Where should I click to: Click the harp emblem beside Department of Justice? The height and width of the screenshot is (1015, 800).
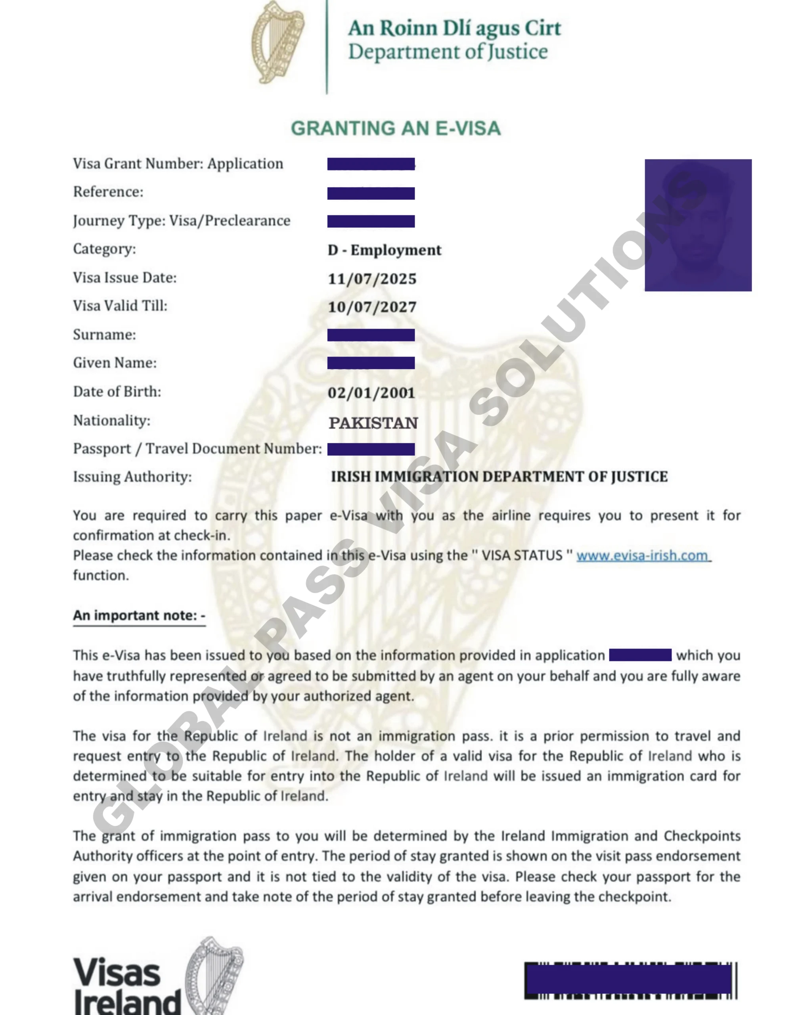[x=278, y=43]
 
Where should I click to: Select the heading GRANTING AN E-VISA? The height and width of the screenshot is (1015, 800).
[x=396, y=128]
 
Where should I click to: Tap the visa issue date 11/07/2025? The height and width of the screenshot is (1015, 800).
[x=372, y=279]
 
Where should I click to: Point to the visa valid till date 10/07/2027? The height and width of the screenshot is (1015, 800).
[x=372, y=307]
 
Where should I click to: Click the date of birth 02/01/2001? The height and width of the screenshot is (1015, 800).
[x=371, y=393]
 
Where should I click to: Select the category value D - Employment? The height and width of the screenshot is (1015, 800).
[x=384, y=250]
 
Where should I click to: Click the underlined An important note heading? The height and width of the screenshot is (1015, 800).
[x=139, y=615]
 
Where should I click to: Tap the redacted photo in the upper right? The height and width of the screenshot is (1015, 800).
[x=698, y=225]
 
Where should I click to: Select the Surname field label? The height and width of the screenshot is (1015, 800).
[x=104, y=334]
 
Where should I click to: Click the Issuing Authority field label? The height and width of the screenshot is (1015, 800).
[x=132, y=477]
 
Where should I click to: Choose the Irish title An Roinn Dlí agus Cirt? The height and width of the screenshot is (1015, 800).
[x=454, y=28]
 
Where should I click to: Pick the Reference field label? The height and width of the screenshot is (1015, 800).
[x=108, y=192]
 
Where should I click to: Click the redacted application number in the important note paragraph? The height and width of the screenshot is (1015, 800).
[x=640, y=655]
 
